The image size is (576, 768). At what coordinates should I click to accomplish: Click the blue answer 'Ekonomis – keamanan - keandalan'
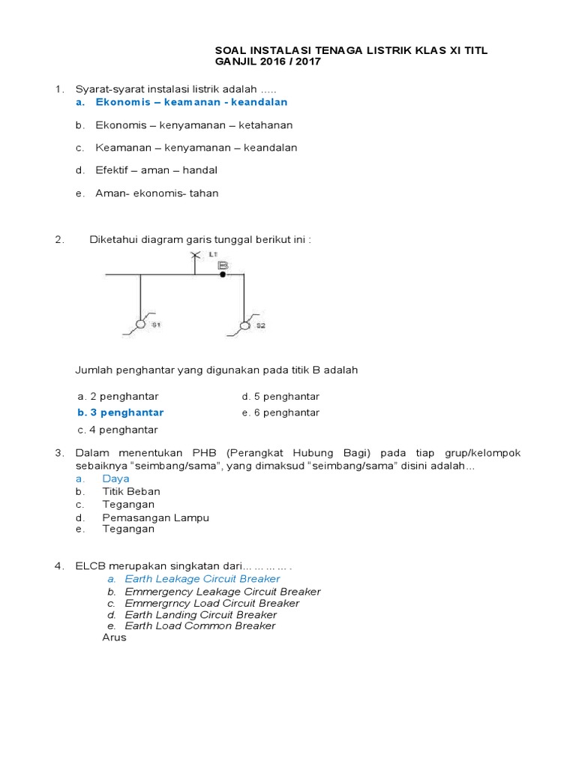[x=191, y=102]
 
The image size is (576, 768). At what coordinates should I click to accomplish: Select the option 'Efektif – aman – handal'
[x=156, y=170]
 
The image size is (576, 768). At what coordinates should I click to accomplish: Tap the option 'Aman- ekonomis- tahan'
[x=157, y=193]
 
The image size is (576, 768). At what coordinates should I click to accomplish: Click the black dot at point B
[x=223, y=275]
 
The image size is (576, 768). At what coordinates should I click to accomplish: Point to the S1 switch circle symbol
[x=139, y=324]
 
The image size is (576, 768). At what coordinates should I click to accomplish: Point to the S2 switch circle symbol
[x=244, y=325]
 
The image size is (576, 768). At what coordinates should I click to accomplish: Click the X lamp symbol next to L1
[x=195, y=256]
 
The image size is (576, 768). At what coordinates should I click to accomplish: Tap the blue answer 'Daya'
[x=115, y=478]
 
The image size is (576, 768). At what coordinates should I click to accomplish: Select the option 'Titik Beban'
[x=131, y=491]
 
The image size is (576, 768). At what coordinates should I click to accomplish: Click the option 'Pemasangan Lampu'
[x=155, y=517]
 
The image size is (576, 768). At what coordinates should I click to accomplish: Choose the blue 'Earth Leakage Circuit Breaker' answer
[x=202, y=579]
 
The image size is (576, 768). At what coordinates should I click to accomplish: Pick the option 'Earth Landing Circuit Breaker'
[x=200, y=615]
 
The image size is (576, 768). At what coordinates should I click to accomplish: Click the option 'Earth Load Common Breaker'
[x=199, y=625]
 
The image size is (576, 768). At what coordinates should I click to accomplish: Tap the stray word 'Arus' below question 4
[x=114, y=637]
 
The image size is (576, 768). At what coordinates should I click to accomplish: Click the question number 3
[x=58, y=453]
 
